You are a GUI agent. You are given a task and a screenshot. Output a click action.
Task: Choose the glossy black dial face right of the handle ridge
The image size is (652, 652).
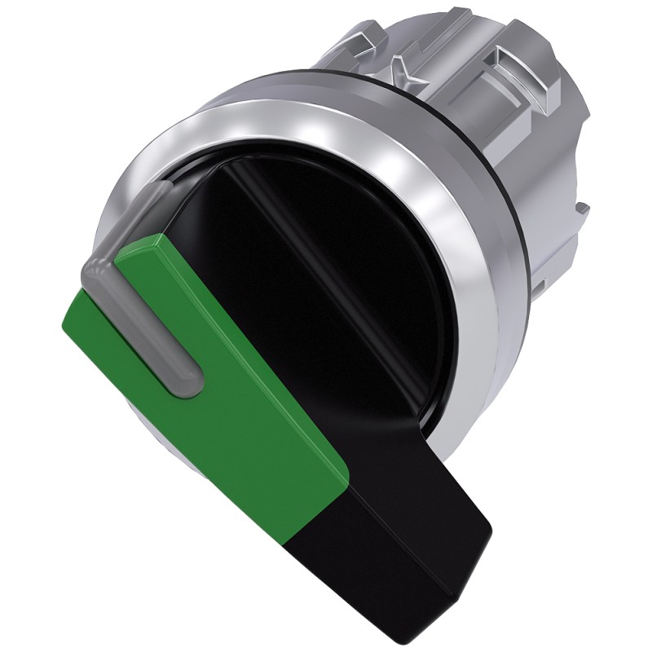(383, 261)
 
